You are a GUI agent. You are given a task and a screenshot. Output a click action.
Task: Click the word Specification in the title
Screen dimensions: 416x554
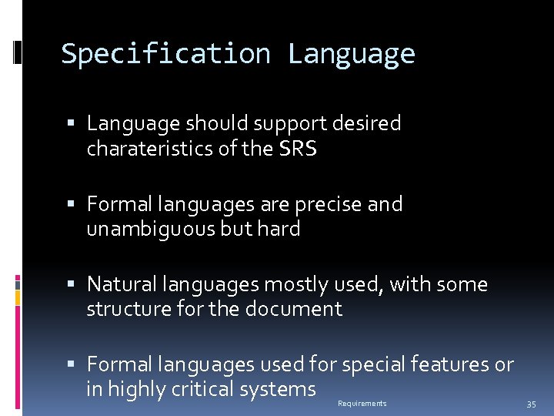pyautogui.click(x=165, y=54)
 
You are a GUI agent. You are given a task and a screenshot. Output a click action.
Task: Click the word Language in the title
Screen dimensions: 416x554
pyautogui.click(x=351, y=54)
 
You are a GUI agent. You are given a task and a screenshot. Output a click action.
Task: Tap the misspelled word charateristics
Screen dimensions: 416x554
pyautogui.click(x=152, y=148)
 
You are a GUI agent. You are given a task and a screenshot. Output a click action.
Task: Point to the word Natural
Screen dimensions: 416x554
pyautogui.click(x=120, y=284)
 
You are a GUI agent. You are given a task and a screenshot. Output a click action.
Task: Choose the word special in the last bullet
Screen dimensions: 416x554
pyautogui.click(x=372, y=364)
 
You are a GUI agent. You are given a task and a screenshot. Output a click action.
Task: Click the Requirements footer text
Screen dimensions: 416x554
pyautogui.click(x=362, y=404)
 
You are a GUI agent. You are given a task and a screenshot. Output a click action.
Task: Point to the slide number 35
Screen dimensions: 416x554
pyautogui.click(x=531, y=404)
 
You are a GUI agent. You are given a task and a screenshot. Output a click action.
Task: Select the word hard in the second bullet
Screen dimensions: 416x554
pyautogui.click(x=279, y=229)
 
